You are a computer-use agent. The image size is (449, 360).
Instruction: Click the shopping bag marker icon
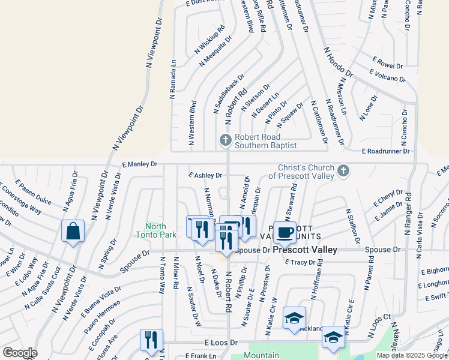73,232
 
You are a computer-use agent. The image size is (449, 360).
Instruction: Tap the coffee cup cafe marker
285,232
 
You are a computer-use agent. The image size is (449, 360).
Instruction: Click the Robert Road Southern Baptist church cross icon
225,140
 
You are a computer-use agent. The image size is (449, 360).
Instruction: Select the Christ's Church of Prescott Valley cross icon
343,171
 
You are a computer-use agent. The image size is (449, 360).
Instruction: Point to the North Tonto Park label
156,230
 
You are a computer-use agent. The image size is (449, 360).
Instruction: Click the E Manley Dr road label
139,164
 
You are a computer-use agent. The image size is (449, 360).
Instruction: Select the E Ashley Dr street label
205,175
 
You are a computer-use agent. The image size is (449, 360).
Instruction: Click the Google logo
20,352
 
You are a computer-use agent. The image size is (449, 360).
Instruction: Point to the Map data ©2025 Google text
412,355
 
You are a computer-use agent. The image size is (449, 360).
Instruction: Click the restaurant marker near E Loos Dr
151,340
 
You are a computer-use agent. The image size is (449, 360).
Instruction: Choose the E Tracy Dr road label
304,262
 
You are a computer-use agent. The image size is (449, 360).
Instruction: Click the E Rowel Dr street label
387,62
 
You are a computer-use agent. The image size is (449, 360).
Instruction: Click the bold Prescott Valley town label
305,250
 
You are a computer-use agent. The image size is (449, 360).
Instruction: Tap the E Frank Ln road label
200,356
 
